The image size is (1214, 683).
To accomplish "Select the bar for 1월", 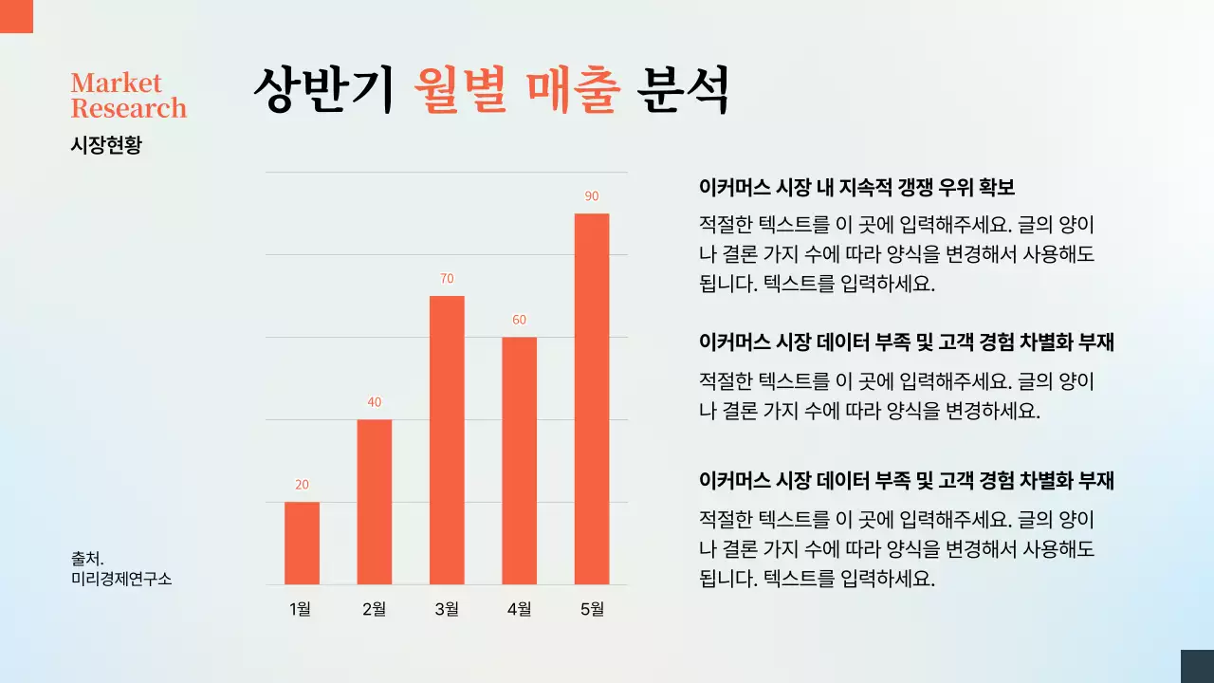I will (x=302, y=543).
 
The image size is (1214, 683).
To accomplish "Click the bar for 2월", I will (x=374, y=502).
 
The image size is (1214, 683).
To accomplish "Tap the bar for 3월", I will (x=447, y=440).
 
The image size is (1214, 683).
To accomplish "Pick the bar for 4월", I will (x=519, y=460).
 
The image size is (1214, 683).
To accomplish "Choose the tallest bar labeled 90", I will (x=592, y=398).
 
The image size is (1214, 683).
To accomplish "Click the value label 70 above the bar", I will (x=447, y=279).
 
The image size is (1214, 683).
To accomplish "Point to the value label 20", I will (x=302, y=485).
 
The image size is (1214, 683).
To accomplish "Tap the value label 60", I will (x=519, y=320).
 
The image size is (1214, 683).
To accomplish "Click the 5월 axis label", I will (x=592, y=609).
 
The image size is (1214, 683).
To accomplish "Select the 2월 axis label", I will (x=374, y=609).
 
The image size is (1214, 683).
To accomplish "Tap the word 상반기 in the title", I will (x=323, y=90).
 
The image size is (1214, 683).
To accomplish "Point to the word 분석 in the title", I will (x=685, y=90).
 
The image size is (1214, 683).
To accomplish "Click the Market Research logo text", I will (x=128, y=96).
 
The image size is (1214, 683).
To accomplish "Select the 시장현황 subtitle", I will (x=106, y=145).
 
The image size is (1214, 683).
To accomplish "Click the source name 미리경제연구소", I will (x=121, y=579).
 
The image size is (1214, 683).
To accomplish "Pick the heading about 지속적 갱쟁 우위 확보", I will (x=856, y=187).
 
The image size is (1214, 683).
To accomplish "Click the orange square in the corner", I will (x=16, y=16).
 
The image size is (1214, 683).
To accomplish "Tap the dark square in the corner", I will (x=1197, y=666).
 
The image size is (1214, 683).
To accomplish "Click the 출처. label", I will (x=87, y=559).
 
